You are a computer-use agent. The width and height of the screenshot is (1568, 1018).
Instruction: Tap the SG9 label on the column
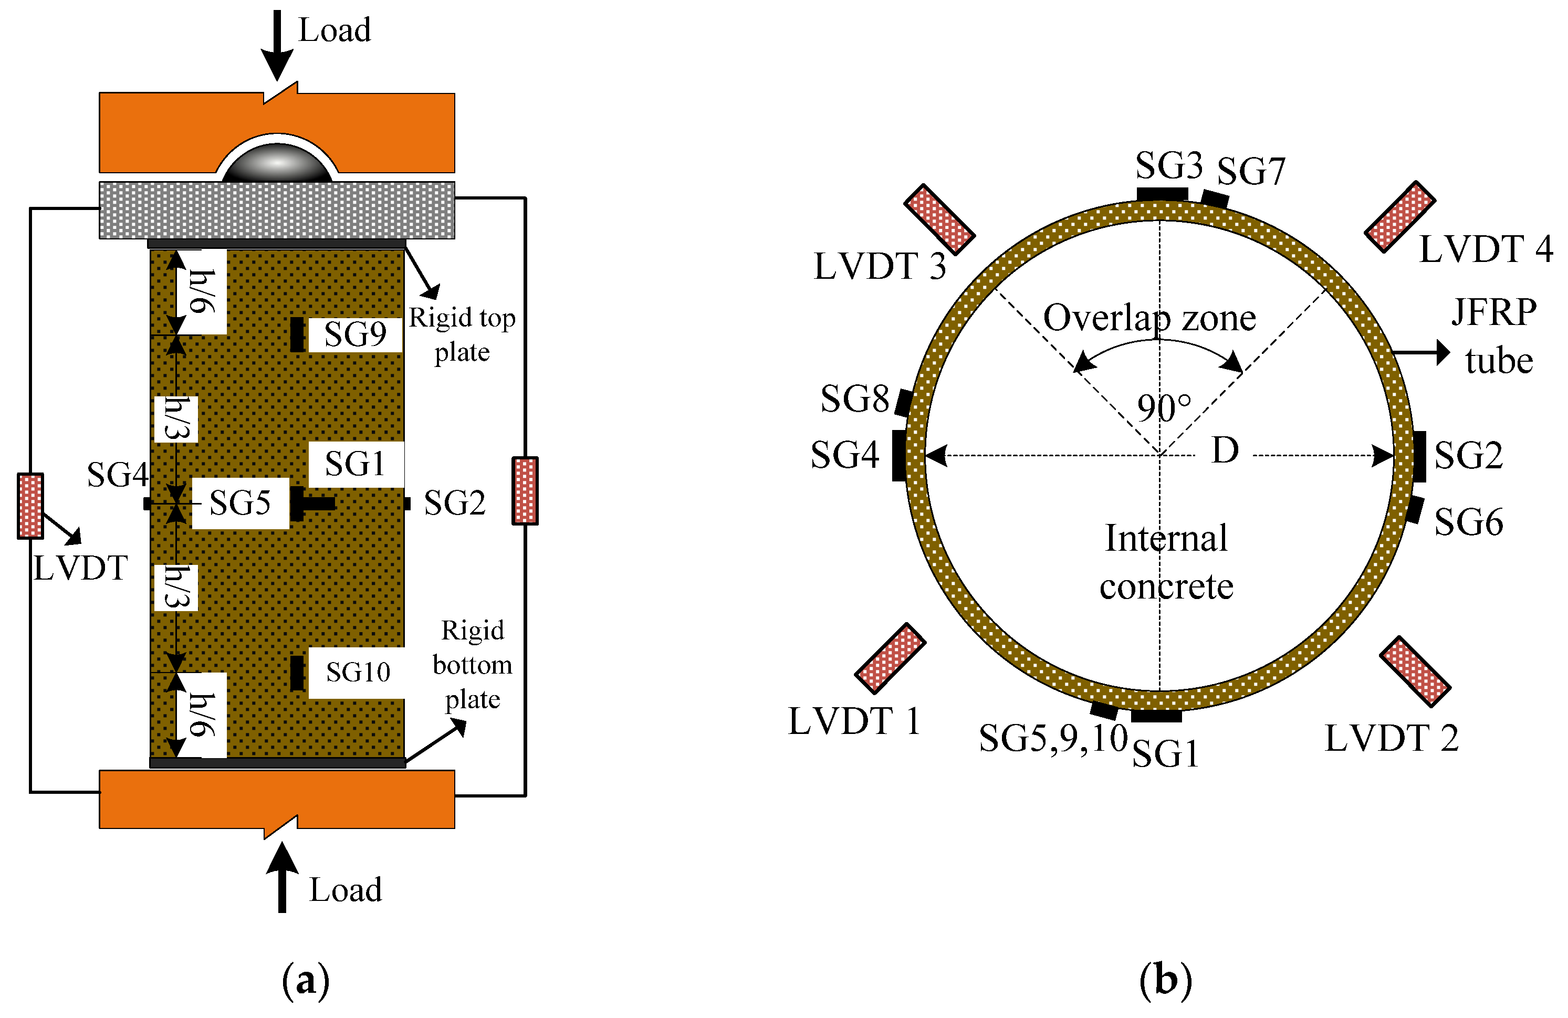point(355,334)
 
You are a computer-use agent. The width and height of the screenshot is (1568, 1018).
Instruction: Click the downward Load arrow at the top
point(277,45)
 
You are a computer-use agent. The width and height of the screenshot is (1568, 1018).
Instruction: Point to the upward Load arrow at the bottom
point(282,877)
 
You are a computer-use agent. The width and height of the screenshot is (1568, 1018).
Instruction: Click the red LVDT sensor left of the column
point(30,506)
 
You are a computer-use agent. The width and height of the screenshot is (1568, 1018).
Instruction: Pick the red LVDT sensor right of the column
point(525,491)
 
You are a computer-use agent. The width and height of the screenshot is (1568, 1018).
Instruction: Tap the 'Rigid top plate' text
point(462,335)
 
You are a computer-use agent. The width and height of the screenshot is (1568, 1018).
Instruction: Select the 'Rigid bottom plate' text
point(473,664)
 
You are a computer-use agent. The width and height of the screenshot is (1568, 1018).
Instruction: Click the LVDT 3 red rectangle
point(939,219)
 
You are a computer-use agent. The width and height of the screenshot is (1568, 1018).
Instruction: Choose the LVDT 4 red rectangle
point(1400,217)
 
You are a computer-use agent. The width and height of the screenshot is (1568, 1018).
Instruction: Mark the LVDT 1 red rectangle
point(891,658)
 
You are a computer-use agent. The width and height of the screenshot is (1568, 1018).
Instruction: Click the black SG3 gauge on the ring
point(1162,194)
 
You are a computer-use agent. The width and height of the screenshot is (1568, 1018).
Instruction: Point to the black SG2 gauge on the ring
point(1420,457)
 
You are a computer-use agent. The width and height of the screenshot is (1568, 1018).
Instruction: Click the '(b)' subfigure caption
point(1165,980)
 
